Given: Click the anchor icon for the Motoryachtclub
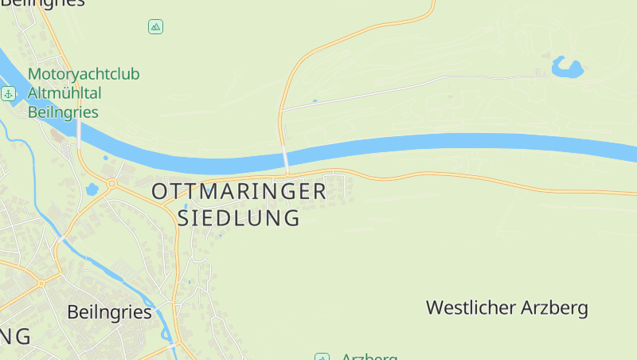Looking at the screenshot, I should click(x=9, y=94).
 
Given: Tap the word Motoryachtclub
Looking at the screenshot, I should click(x=84, y=74).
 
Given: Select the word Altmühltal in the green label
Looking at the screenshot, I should click(x=64, y=93).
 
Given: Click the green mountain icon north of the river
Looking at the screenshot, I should click(x=155, y=27).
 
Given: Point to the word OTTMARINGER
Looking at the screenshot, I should click(x=239, y=191).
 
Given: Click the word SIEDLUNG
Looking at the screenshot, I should click(x=239, y=217).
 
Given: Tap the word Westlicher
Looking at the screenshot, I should click(x=471, y=307).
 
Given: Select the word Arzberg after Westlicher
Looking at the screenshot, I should click(x=554, y=307).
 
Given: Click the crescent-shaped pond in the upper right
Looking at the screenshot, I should click(x=568, y=67).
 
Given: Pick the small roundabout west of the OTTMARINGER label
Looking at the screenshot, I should click(x=111, y=183).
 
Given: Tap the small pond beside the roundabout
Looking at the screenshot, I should click(x=92, y=190).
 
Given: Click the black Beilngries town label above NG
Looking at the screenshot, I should click(x=109, y=312).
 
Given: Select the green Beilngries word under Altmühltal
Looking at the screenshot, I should click(x=63, y=112).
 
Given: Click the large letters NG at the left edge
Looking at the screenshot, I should click(x=15, y=336).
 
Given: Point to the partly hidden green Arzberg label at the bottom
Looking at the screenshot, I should click(x=369, y=357).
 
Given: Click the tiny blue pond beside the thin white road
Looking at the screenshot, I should click(x=315, y=100).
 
